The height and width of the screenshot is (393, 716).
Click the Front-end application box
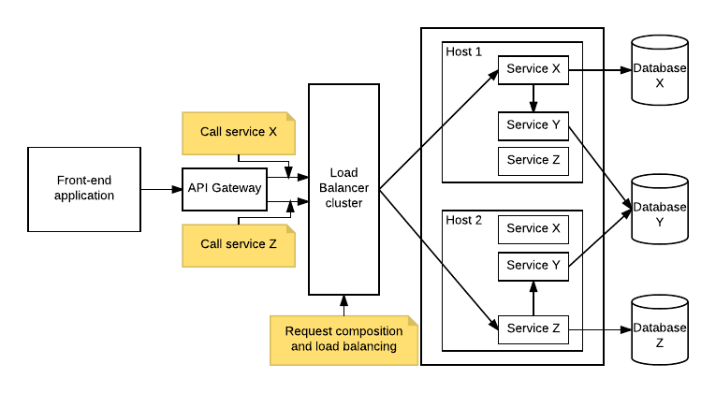(84, 189)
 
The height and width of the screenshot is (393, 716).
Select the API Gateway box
(225, 188)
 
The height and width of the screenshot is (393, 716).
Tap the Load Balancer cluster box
(344, 188)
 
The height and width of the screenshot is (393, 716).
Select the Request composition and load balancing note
(343, 339)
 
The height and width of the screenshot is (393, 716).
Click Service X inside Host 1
(533, 69)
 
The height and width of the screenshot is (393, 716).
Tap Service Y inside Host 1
(533, 125)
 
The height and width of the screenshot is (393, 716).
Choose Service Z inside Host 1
(533, 160)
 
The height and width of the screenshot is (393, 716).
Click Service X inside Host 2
(533, 228)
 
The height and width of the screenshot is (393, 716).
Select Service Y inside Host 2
(533, 266)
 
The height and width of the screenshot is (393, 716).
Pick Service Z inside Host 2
(533, 328)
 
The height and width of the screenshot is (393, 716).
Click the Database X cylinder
(660, 70)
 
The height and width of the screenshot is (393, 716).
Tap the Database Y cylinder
(660, 210)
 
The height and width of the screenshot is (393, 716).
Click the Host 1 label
(464, 51)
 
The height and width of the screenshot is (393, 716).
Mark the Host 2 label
(464, 220)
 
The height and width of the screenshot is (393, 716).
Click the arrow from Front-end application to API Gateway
(160, 189)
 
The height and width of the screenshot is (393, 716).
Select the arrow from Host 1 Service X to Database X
(599, 69)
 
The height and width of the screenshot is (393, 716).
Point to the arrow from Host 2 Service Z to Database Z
(599, 328)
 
